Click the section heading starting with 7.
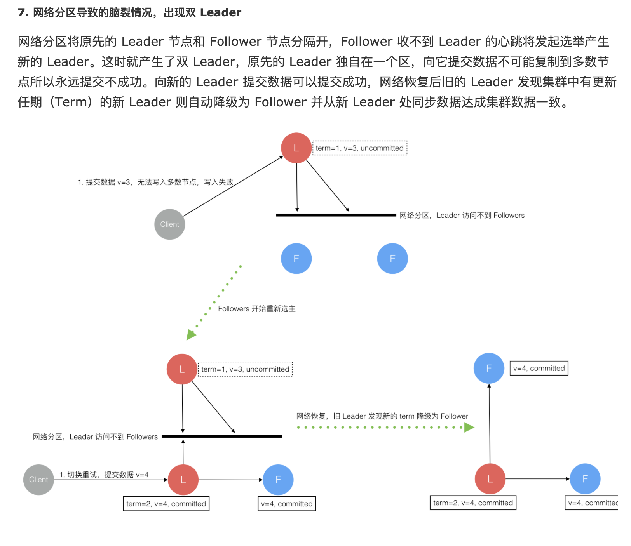click(x=129, y=12)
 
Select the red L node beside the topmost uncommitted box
click(x=296, y=148)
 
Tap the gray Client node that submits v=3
click(x=169, y=224)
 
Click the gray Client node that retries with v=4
click(x=38, y=480)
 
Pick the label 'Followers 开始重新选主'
click(x=256, y=309)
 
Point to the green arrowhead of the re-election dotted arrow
click(x=191, y=334)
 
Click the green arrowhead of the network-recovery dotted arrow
click(x=469, y=428)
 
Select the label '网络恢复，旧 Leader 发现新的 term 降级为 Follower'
click(x=382, y=416)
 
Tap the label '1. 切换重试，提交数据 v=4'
click(x=104, y=475)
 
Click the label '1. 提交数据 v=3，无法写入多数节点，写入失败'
click(x=155, y=182)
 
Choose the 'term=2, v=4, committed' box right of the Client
click(x=166, y=504)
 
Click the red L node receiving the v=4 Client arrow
click(x=183, y=480)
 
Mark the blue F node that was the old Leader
click(x=489, y=368)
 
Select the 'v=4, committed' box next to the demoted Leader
click(x=539, y=368)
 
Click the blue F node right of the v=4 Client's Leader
click(x=278, y=480)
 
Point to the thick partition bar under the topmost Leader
click(x=336, y=215)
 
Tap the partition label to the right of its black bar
click(x=462, y=216)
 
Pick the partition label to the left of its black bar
click(x=95, y=437)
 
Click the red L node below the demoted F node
click(x=490, y=479)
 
